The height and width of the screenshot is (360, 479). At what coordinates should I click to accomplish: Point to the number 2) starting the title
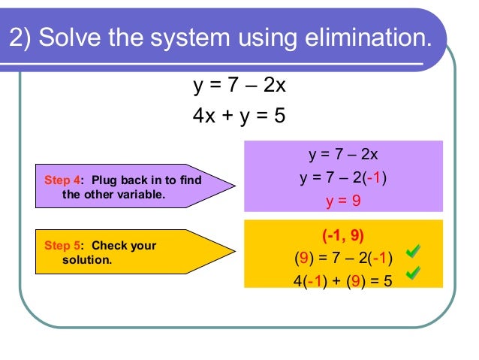point(21,38)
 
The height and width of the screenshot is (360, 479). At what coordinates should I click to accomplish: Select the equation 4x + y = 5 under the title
point(239,116)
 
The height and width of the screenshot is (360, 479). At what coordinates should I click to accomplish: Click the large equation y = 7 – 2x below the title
point(239,86)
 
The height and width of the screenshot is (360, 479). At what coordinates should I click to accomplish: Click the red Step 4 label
point(62,181)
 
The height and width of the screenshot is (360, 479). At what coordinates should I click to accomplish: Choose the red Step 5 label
point(62,246)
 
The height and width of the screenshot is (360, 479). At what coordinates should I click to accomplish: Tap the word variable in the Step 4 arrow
point(141,194)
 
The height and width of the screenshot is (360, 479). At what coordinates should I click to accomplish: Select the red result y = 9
point(343,201)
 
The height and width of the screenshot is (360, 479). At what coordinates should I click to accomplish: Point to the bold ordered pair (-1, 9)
point(343,235)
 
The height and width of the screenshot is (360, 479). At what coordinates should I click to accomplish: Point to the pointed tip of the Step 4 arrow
point(234,186)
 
